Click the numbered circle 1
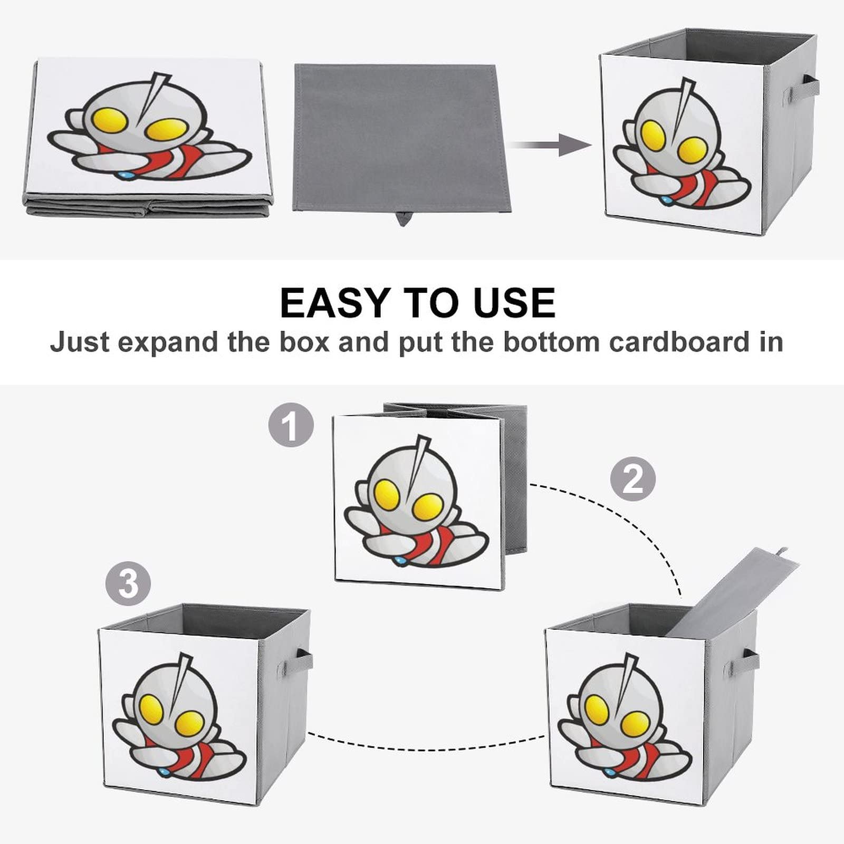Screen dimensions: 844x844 click(291, 425)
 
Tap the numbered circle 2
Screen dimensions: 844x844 click(632, 479)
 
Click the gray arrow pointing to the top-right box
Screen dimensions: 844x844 click(551, 145)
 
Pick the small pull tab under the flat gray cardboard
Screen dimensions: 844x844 click(403, 217)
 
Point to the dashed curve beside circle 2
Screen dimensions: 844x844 click(622, 517)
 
